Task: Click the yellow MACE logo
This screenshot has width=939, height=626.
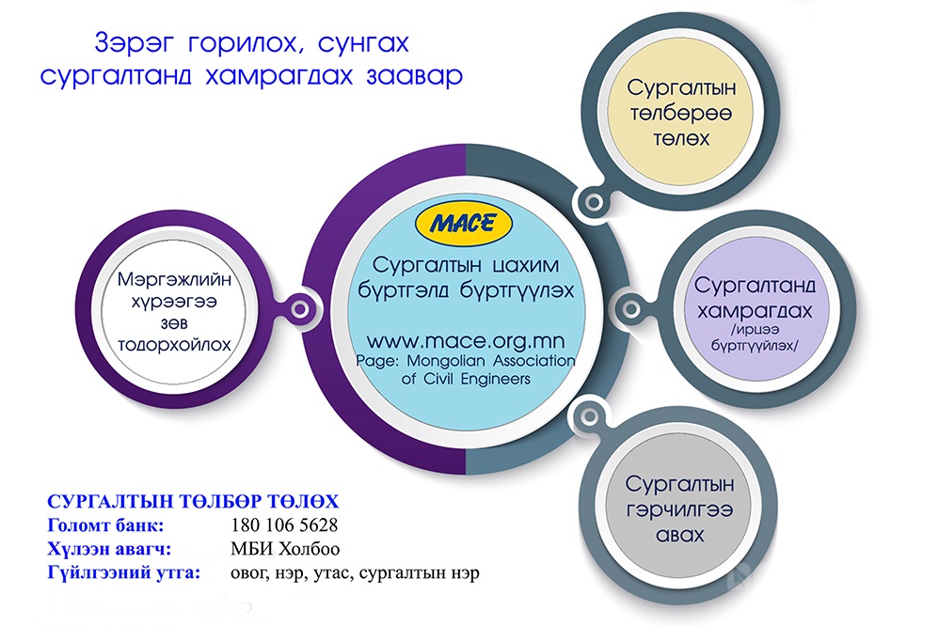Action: (464, 224)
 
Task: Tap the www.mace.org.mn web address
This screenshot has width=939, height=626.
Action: (466, 341)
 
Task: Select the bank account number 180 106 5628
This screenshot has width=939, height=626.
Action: (284, 525)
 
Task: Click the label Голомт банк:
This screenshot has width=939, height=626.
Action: (105, 525)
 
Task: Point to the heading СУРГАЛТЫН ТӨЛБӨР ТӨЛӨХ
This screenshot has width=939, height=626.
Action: (193, 502)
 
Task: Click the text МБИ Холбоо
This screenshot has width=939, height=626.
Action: (285, 549)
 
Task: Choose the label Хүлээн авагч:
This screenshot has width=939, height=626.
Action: (109, 549)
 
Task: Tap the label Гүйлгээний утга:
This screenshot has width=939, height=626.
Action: (124, 572)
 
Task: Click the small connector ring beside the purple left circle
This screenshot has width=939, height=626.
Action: (300, 309)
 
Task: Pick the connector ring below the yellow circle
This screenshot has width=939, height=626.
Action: (594, 202)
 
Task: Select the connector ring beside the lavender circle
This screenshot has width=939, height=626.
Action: (630, 309)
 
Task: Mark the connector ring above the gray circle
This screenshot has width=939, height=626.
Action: (590, 416)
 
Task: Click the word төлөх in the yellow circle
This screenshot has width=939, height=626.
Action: (681, 139)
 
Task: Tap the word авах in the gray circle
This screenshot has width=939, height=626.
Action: (679, 535)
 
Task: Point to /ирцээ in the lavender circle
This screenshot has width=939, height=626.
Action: (756, 330)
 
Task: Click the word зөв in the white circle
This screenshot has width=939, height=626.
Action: (174, 323)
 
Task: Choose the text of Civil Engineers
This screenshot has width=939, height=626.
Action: (466, 379)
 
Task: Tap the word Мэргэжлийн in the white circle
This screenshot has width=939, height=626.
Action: (174, 279)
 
